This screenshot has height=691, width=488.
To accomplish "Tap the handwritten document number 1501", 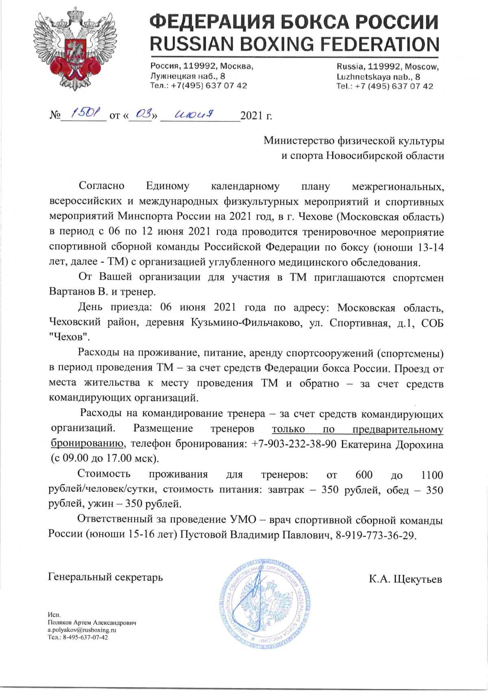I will click(82, 115).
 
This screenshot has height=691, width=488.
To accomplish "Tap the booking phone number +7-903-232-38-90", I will click(294, 444).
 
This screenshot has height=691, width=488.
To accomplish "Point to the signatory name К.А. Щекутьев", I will click(405, 579).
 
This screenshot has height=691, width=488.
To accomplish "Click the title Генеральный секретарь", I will click(106, 577).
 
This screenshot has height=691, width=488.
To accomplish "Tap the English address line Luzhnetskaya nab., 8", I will click(378, 77).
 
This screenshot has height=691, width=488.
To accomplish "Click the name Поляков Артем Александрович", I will click(92, 623).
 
